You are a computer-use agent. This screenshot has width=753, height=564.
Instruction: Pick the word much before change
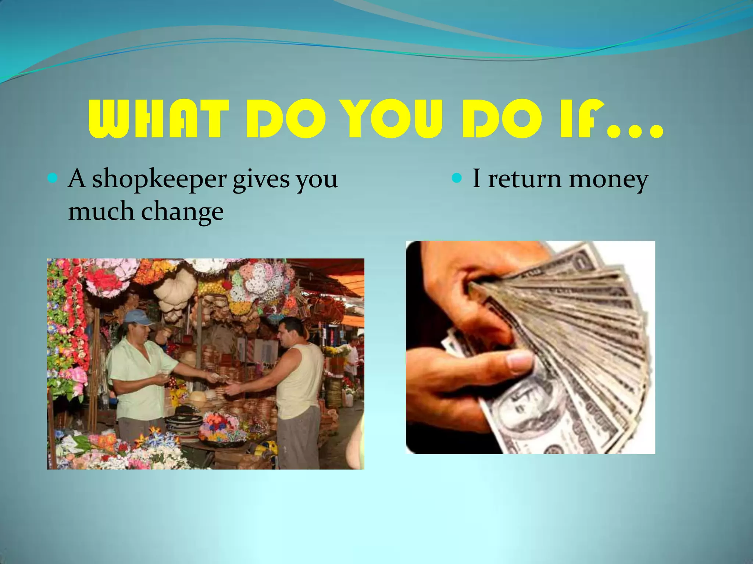tap(101, 211)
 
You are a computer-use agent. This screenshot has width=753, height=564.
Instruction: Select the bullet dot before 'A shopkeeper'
tap(53, 179)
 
